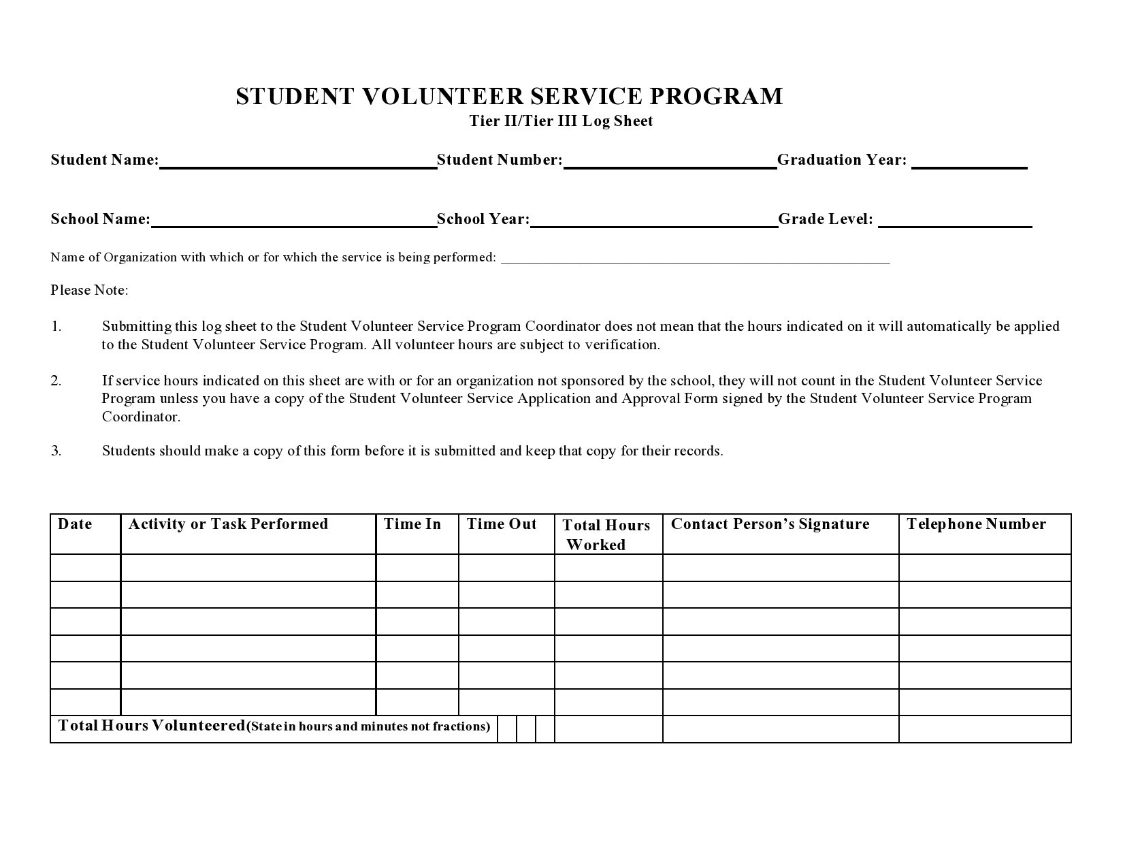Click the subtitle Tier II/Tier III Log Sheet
[x=561, y=121]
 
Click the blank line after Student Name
[x=298, y=162]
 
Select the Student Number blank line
[x=670, y=162]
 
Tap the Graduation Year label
[x=841, y=160]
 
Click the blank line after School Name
[x=293, y=221]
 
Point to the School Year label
[x=483, y=219]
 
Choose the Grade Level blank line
[x=955, y=221]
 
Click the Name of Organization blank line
[x=695, y=259]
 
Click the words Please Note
[x=89, y=291]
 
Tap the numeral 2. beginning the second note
[x=56, y=381]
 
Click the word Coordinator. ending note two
[x=141, y=417]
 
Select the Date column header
[x=75, y=524]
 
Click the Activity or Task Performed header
[x=228, y=524]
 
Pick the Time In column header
[x=412, y=524]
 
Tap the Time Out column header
[x=502, y=524]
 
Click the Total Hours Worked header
[x=606, y=534]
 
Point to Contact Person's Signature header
[x=770, y=524]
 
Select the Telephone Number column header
[x=976, y=524]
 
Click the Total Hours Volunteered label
[x=151, y=726]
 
